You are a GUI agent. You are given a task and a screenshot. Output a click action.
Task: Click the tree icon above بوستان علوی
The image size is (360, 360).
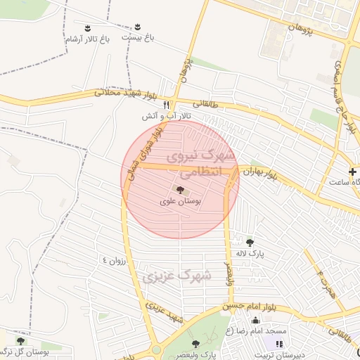pos(180,190)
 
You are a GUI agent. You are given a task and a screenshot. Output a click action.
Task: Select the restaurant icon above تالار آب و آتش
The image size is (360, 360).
pos(166,105)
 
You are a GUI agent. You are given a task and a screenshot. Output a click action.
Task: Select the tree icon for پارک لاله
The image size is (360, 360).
pos(250,243)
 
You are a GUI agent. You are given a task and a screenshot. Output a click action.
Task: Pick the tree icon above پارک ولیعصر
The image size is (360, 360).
pos(196,344)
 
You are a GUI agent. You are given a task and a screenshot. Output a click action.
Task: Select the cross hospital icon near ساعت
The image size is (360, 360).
pos(352,172)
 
